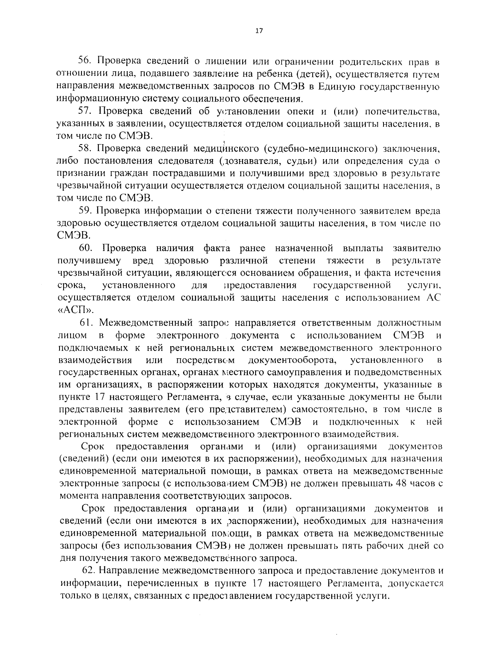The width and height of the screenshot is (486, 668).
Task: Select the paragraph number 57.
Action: (x=85, y=111)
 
